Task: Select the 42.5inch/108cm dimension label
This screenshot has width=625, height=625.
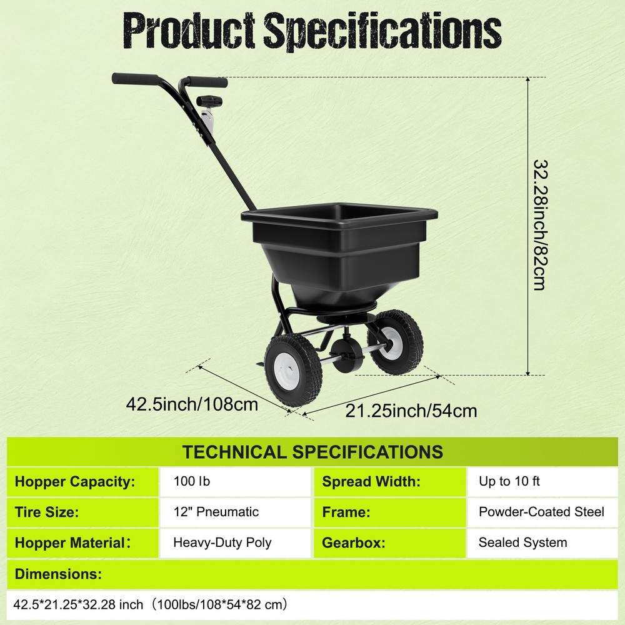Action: click(x=192, y=404)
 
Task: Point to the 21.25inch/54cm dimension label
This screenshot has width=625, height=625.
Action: click(x=411, y=411)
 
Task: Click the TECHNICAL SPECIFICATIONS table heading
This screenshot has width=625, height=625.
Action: click(x=312, y=452)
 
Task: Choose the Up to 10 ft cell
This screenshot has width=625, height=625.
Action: click(x=509, y=481)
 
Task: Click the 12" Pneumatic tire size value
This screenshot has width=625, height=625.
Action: click(x=216, y=512)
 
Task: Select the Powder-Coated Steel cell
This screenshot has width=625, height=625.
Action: click(x=541, y=512)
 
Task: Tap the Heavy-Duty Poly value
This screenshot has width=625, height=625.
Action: click(x=222, y=542)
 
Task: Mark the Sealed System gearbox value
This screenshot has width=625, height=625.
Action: click(x=523, y=542)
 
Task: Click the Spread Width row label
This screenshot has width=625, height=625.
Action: click(x=371, y=481)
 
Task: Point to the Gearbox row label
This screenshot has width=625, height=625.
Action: click(x=352, y=542)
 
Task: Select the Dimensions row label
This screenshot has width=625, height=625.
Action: click(x=58, y=574)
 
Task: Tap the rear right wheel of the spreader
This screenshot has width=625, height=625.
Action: click(x=395, y=341)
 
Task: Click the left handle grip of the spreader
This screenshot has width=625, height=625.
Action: click(x=135, y=79)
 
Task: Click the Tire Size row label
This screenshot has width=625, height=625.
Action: click(x=47, y=512)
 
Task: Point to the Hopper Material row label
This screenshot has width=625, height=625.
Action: click(x=70, y=542)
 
